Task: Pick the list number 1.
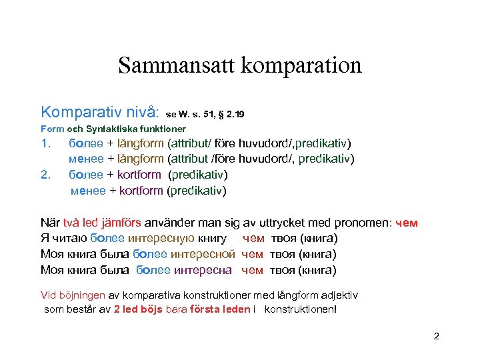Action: pyautogui.click(x=45, y=143)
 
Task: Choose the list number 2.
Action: pyautogui.click(x=45, y=175)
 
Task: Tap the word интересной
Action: pyautogui.click(x=203, y=254)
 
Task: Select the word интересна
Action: pyautogui.click(x=203, y=270)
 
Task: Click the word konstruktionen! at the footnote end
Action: pyautogui.click(x=301, y=309)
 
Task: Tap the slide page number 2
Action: pyautogui.click(x=436, y=336)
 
